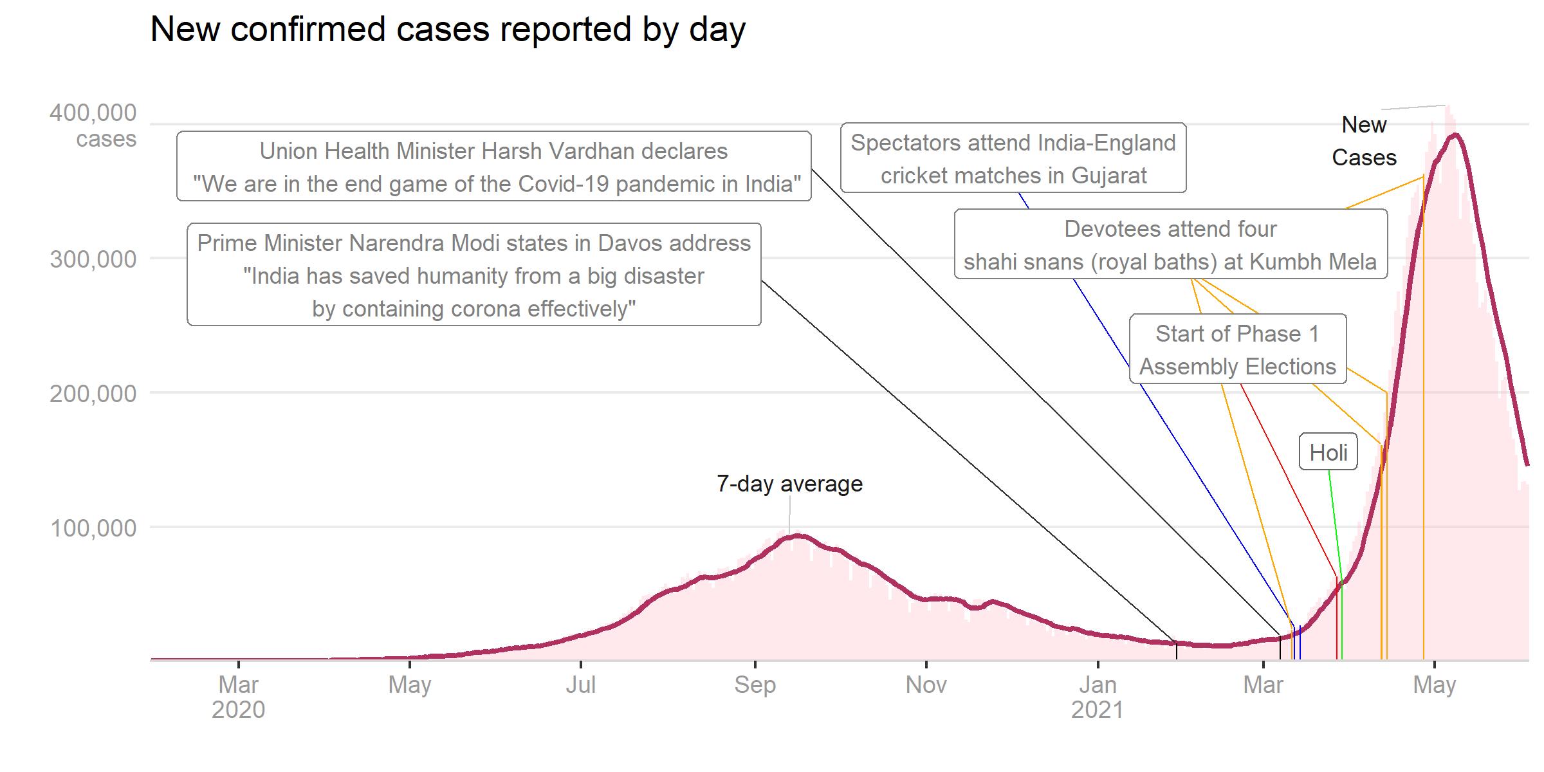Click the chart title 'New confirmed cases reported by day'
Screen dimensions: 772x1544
[448, 30]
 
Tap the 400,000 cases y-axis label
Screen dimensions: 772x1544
[93, 125]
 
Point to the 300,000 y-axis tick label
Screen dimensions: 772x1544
[93, 259]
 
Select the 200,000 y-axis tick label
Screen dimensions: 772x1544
[93, 394]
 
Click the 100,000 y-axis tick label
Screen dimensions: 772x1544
[93, 528]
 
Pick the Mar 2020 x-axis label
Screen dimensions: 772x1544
[239, 697]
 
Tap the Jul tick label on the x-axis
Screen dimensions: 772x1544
[580, 685]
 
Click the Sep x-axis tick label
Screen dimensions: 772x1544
[755, 685]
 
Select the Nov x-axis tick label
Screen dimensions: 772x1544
[926, 685]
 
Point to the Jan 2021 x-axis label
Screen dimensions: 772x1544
[1098, 697]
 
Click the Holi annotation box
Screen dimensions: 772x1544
[1328, 452]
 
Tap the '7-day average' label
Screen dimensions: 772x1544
[789, 484]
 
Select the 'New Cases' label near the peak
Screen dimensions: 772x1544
[1364, 141]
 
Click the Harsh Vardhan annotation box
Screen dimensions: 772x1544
[493, 167]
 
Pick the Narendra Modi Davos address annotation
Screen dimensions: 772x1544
[474, 275]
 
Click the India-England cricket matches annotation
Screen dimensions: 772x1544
[1013, 158]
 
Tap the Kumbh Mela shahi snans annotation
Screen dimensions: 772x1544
[1170, 244]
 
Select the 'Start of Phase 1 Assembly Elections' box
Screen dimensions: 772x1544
[1238, 349]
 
